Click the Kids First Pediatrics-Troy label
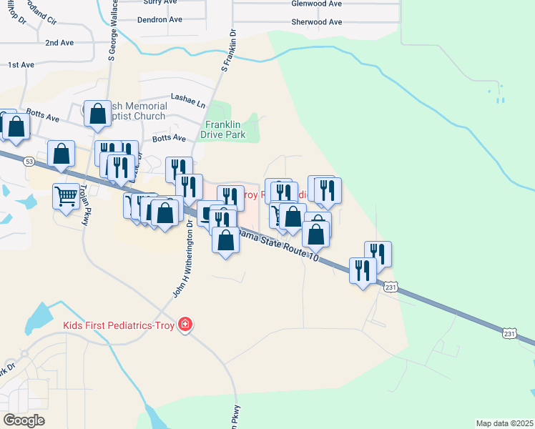click(119, 325)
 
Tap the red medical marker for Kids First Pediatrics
click(185, 325)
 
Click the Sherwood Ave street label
click(316, 21)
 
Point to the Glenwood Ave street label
click(316, 4)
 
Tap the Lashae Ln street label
click(187, 97)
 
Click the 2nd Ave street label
click(59, 43)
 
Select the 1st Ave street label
click(21, 65)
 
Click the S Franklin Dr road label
click(227, 51)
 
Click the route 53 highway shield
click(28, 162)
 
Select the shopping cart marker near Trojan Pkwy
click(66, 195)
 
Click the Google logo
click(24, 420)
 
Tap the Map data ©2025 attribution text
click(504, 423)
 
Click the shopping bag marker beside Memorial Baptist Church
click(97, 114)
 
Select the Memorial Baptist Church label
click(139, 111)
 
